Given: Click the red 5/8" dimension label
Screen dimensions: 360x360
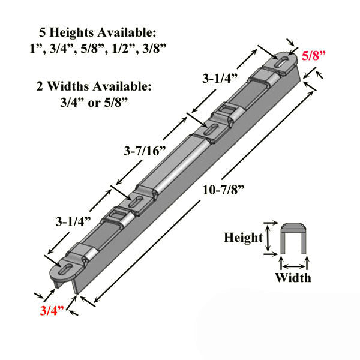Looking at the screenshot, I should click(x=315, y=56).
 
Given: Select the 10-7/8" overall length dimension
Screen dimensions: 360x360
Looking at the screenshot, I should click(x=224, y=188).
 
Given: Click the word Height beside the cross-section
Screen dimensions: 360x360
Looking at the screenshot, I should click(x=243, y=238).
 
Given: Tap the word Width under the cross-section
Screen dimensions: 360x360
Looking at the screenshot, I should click(x=293, y=277).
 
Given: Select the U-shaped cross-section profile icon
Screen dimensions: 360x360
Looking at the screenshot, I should click(x=294, y=239).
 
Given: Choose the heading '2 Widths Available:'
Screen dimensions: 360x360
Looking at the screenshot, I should click(x=107, y=86).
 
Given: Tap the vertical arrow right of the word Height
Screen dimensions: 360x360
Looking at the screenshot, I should click(x=268, y=238).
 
